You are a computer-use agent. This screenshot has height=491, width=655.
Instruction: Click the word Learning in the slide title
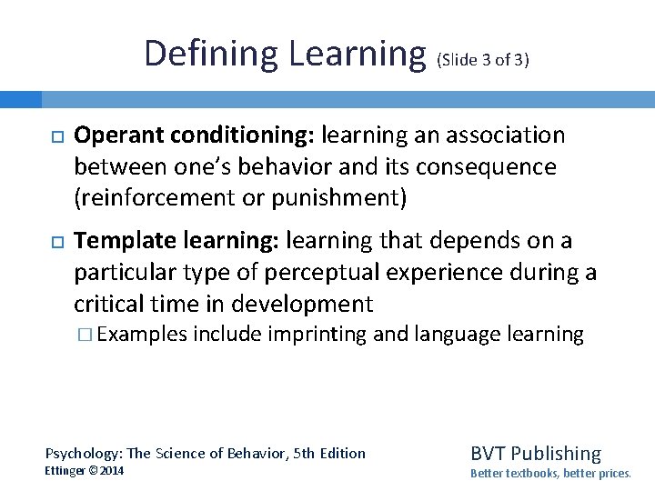[358, 54]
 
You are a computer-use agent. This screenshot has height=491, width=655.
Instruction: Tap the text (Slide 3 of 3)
[483, 61]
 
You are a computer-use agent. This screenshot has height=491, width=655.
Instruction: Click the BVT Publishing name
[536, 453]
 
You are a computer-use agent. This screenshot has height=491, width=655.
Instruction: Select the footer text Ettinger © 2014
[85, 471]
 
